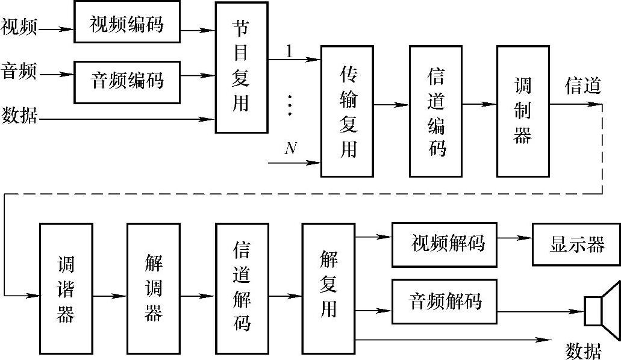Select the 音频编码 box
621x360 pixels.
click(126, 81)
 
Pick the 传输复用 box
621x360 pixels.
click(347, 111)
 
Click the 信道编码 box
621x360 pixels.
click(435, 111)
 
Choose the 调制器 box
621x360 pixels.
click(523, 111)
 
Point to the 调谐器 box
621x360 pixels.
click(66, 288)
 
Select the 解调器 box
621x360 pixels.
click(154, 288)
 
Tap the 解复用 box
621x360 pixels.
click(328, 288)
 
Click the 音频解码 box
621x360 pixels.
click(445, 300)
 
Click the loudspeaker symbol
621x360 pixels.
click(602, 311)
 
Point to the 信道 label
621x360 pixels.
click(582, 86)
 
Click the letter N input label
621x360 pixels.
click(290, 148)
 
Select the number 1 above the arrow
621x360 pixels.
click(289, 51)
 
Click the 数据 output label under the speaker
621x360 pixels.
click(583, 350)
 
